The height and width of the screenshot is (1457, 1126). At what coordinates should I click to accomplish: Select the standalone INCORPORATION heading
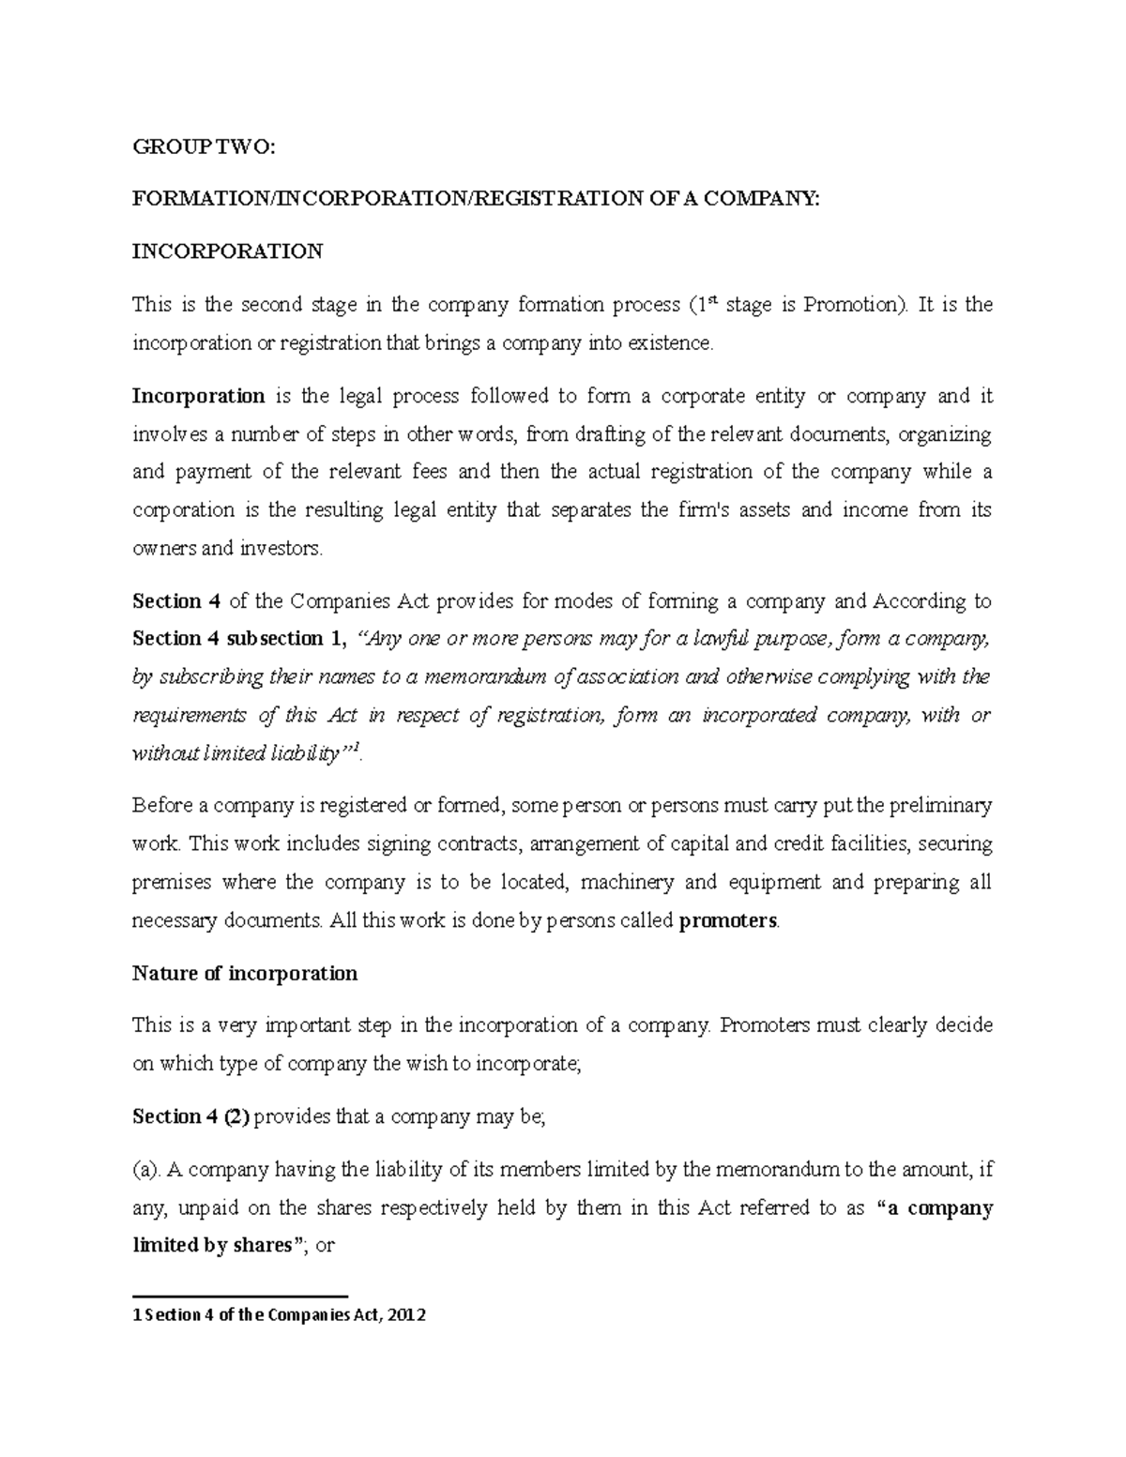coord(227,251)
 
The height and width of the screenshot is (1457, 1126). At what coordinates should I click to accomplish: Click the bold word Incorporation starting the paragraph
coord(198,396)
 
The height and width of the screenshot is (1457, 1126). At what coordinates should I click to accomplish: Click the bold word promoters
coord(727,921)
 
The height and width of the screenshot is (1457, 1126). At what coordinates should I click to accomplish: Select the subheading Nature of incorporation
coord(245,974)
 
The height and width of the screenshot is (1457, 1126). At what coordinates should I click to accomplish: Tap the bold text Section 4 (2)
coord(190,1117)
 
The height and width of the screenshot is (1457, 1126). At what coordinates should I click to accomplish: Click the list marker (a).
coord(147,1170)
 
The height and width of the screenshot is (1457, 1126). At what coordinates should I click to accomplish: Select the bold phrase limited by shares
coord(212,1247)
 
